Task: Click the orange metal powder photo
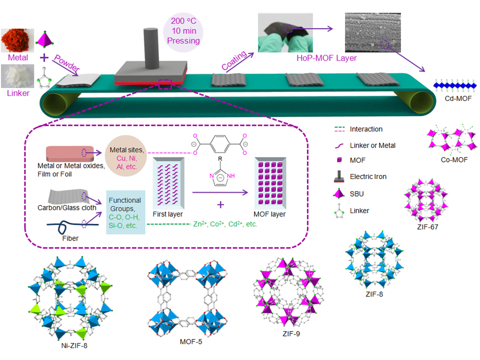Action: click(x=17, y=40)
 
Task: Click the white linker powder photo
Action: click(x=17, y=76)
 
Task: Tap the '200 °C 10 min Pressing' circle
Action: click(x=183, y=31)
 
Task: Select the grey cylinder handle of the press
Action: click(x=151, y=48)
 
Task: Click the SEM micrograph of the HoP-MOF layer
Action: click(x=372, y=32)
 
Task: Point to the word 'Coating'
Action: click(x=234, y=60)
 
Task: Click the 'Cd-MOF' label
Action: click(x=458, y=98)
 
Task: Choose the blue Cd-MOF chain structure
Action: click(x=455, y=85)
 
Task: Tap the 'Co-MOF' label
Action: click(x=454, y=160)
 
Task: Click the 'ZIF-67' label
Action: click(x=427, y=227)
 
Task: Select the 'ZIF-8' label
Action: click(x=374, y=294)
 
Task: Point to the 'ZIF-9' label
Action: click(x=291, y=333)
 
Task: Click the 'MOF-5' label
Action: click(x=190, y=341)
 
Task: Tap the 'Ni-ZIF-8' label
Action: click(x=74, y=345)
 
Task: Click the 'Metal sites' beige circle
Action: click(x=126, y=156)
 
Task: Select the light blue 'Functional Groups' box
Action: click(x=125, y=212)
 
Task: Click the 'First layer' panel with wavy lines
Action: click(x=168, y=183)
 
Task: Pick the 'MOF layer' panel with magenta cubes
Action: click(x=270, y=183)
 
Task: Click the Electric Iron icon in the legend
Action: click(x=339, y=176)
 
